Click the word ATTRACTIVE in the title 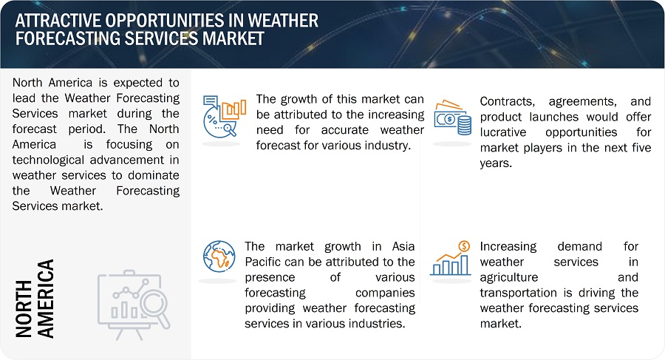pos(58,21)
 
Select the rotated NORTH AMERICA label pos(35,299)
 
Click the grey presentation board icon pos(134,305)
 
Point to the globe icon pos(219,257)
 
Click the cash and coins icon pos(452,118)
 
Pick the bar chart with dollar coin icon pos(451,258)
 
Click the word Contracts pos(507,101)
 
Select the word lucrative pos(503,132)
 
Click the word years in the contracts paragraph pos(496,163)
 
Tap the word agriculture pos(509,278)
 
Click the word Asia pos(403,247)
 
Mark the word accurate pos(345,130)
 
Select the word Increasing pos(508,247)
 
